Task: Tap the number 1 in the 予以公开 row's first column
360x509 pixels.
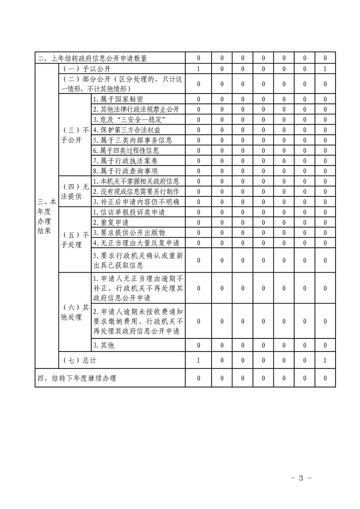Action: [198, 69]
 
